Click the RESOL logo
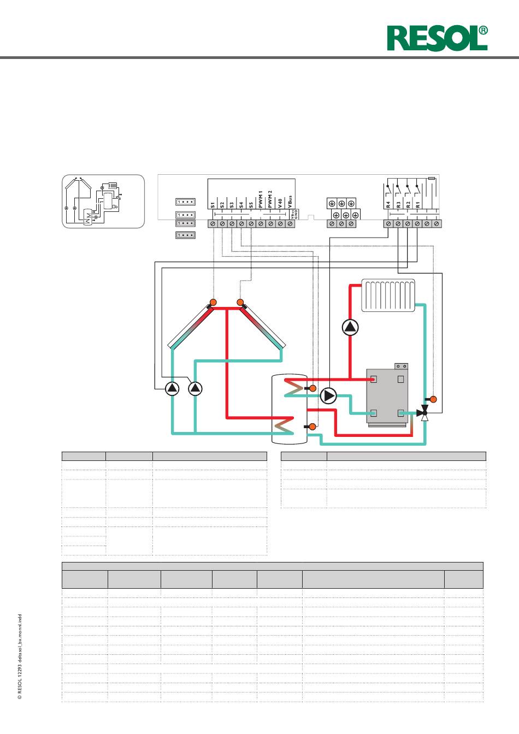tap(437, 38)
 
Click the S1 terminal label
tap(213, 205)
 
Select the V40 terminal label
tap(280, 204)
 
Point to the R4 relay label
tap(388, 205)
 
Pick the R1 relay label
tap(417, 205)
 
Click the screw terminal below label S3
tap(232, 223)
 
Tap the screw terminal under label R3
tap(398, 223)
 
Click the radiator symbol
tap(388, 295)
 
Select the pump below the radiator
tap(350, 327)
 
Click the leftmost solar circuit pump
tap(172, 389)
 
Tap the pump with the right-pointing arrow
tap(328, 396)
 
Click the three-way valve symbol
tap(423, 413)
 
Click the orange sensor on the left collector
tap(213, 302)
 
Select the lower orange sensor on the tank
tap(312, 427)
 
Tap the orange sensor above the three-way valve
tap(433, 399)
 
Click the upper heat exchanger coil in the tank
tap(294, 388)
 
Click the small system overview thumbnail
tap(103, 201)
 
